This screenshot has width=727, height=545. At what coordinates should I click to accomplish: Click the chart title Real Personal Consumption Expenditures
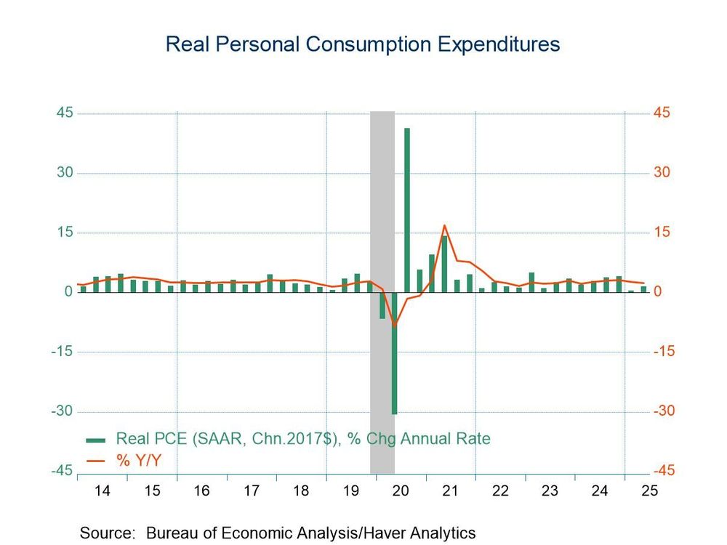pos(362,44)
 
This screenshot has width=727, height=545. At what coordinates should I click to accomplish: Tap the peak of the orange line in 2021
pos(444,225)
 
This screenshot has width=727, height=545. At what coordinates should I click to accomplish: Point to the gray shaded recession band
pos(382,182)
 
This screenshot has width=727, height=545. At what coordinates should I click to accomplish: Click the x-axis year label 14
pos(103,491)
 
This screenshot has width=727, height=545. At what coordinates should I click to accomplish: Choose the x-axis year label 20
pos(400,491)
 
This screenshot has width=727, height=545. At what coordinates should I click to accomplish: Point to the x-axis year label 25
pos(649,491)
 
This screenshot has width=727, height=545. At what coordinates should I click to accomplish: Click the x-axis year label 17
pos(251,491)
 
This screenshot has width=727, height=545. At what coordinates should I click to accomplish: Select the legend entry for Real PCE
pos(303,439)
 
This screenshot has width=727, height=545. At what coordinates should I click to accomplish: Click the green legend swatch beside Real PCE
pos(96,440)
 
